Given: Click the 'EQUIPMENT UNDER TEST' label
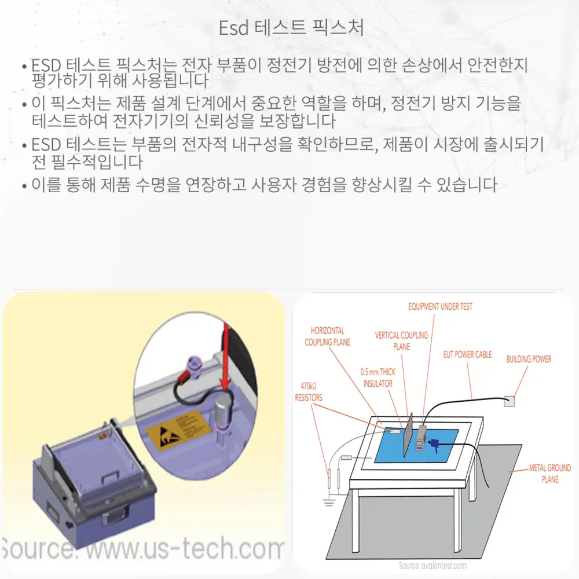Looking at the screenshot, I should click(439, 307).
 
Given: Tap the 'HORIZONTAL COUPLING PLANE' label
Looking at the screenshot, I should click(327, 336).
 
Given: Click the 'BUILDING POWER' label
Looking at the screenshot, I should click(529, 359).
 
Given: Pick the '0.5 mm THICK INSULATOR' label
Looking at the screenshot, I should click(378, 378).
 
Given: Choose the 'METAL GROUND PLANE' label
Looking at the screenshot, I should click(549, 473).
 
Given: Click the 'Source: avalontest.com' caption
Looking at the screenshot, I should click(433, 565).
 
